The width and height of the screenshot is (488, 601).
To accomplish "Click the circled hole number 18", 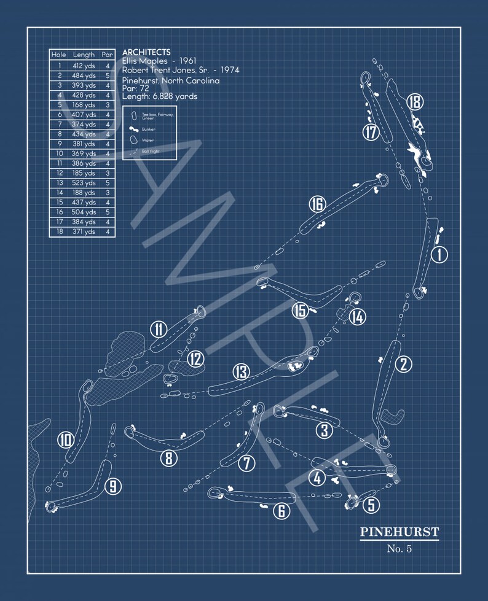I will click(x=415, y=102).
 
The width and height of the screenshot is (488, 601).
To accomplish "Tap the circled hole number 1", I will click(x=439, y=254).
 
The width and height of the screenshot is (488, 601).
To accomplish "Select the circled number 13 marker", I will click(x=241, y=371).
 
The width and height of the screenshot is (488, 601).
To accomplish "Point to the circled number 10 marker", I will click(x=66, y=440).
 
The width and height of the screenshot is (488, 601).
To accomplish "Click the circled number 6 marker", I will click(x=281, y=510).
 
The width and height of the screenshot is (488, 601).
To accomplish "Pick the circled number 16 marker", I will click(x=317, y=204).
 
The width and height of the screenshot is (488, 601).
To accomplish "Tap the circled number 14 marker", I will click(x=358, y=317).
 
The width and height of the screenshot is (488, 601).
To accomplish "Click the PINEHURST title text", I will click(x=399, y=532).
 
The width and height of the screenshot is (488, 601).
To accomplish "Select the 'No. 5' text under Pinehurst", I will click(x=399, y=548).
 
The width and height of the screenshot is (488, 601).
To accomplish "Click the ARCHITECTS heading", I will click(x=146, y=53).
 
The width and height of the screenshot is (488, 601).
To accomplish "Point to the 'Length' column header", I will click(x=84, y=55).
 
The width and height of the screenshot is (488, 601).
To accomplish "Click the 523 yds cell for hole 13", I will click(x=84, y=183).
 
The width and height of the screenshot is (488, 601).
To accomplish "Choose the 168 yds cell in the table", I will click(x=84, y=105).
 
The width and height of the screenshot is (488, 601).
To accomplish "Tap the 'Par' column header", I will click(x=108, y=55).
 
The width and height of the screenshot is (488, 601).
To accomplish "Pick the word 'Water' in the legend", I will click(x=148, y=141).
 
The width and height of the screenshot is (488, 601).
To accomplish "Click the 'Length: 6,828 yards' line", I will click(x=160, y=96).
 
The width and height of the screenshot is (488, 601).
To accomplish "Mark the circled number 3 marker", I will click(x=325, y=430).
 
